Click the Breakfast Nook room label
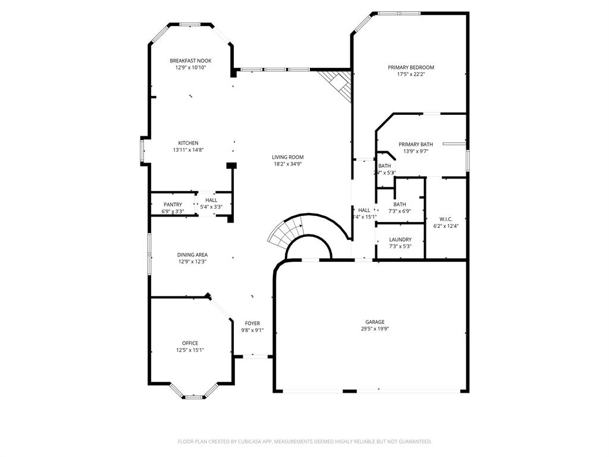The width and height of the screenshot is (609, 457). coord(190,61)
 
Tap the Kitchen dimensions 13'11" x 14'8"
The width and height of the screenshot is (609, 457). coord(189,150)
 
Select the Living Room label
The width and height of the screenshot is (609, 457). coord(288,157)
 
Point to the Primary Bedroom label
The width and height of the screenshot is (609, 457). coord(411,67)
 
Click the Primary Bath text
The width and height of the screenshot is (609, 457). coord(416,144)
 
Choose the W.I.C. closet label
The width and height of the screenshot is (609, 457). coord(446,219)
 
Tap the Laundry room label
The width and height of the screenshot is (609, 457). coord(400,239)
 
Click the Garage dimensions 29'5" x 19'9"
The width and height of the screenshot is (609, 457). coord(375,329)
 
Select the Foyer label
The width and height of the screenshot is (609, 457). coord(252,323)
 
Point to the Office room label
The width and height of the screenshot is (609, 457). coord(190,343)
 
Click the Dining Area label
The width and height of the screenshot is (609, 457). coord(192,255)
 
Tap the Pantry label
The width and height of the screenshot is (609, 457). coord(172,204)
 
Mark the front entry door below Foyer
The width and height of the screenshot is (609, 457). coord(253,356)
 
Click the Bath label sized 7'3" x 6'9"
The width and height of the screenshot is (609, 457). coord(400,204)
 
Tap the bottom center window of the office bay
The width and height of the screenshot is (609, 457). coord(193,396)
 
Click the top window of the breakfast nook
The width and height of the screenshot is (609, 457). coord(190,24)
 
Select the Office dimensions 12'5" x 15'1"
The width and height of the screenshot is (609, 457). coord(190,350)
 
